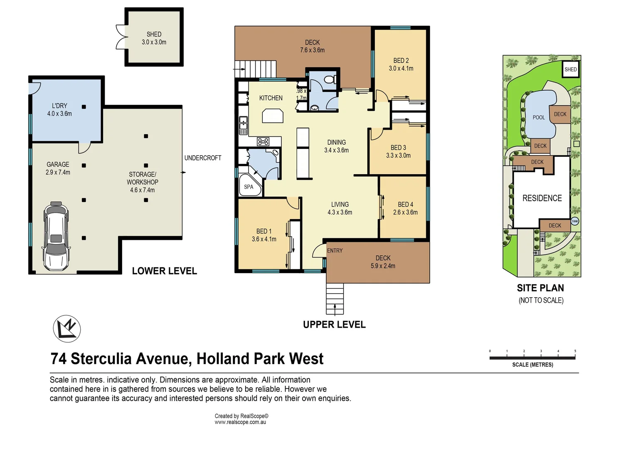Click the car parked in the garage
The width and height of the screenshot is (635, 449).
[x=56, y=236]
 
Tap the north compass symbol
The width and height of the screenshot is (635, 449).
[x=67, y=328]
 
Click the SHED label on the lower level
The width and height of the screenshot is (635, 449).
[x=154, y=34]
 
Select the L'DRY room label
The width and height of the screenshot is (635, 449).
[x=59, y=106]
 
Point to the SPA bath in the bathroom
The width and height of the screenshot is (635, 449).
[x=250, y=186]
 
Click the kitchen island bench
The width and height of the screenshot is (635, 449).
[x=273, y=116]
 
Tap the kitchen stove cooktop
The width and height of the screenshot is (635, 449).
[x=263, y=142]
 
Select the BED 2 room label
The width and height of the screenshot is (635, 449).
[x=401, y=61]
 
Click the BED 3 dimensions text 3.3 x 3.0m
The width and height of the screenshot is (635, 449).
[x=398, y=155]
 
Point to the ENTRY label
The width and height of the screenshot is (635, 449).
[x=335, y=251]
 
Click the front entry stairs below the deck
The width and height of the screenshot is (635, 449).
[x=335, y=299]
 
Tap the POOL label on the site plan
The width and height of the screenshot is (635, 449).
[x=539, y=118]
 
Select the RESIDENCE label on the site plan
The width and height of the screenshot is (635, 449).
[x=542, y=198]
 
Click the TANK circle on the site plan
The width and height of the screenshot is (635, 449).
[x=575, y=221]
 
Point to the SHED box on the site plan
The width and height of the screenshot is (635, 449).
[x=571, y=69]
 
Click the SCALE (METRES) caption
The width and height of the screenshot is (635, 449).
[x=532, y=365]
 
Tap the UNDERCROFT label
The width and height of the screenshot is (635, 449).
[x=203, y=158]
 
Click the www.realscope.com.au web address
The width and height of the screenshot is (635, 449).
[x=240, y=422]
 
